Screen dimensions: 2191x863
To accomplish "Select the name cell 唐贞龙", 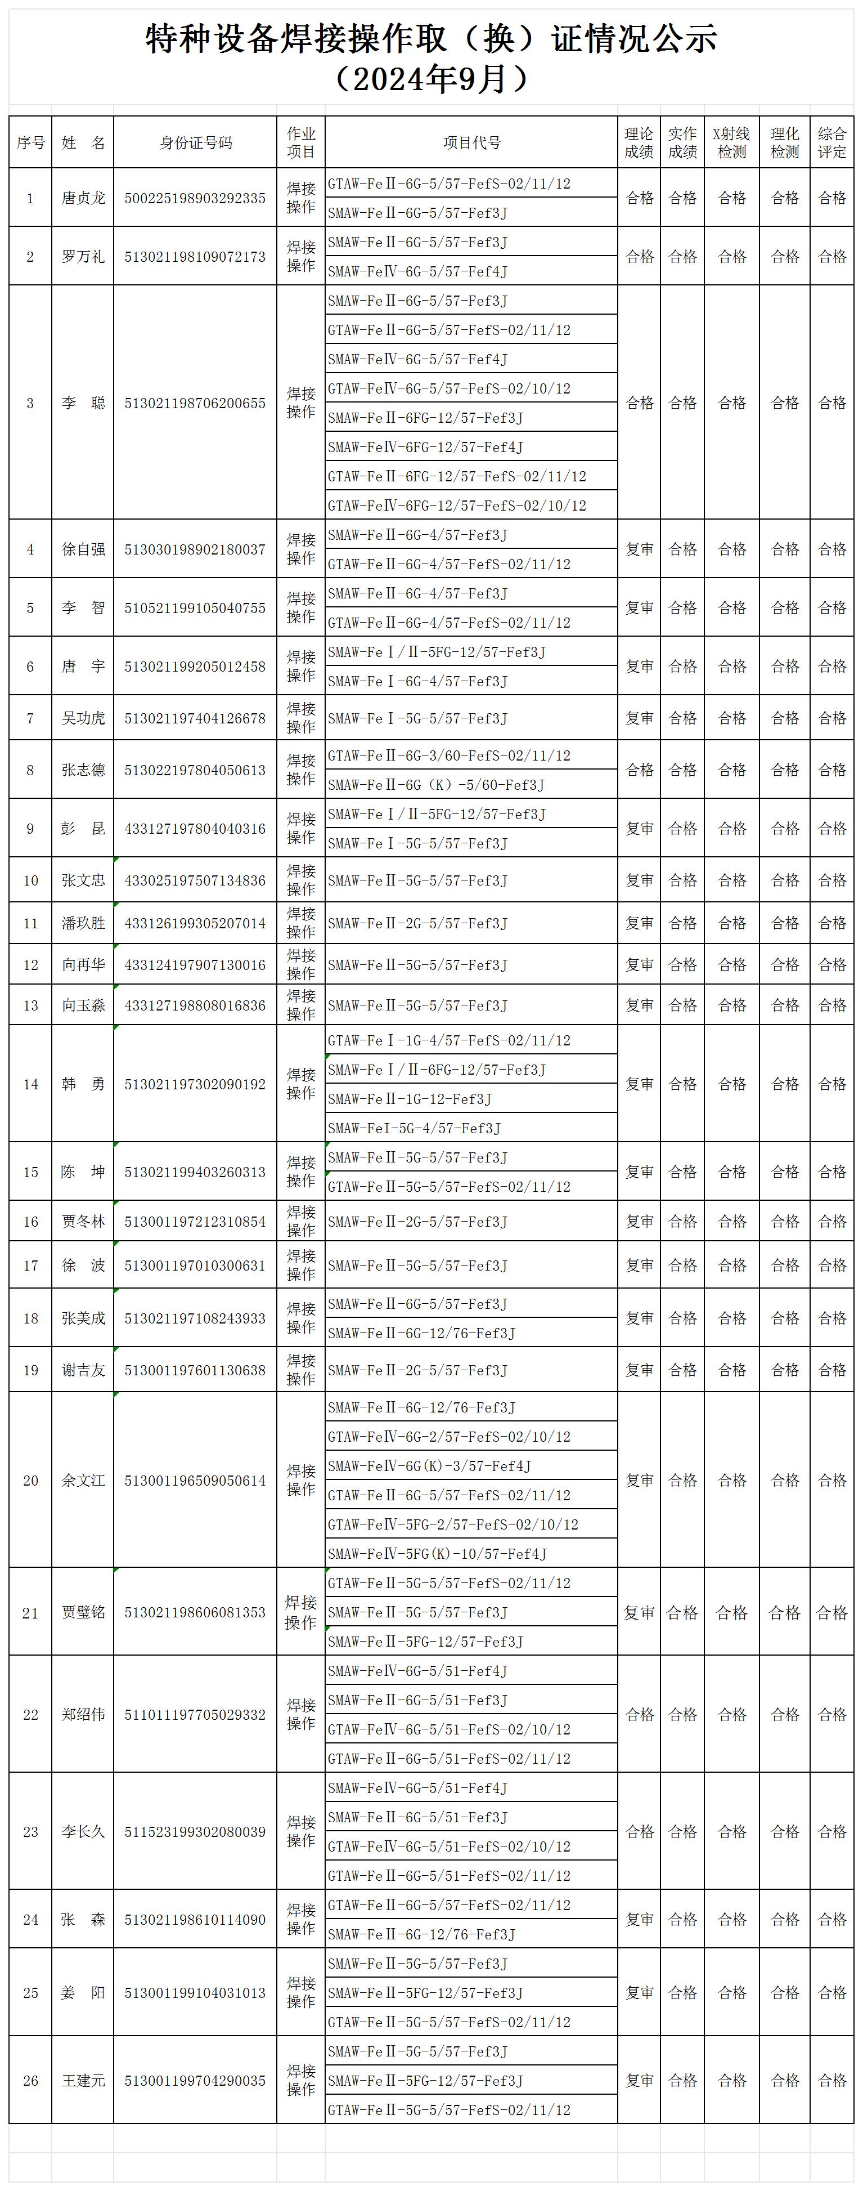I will (83, 198).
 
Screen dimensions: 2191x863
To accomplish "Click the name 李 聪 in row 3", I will (83, 403).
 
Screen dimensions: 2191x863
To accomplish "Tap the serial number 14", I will (30, 1084).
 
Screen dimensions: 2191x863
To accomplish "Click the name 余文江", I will (83, 1481).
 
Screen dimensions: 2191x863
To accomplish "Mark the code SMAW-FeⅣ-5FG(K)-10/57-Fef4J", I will (437, 1554).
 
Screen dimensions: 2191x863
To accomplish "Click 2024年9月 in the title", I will (431, 79).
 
